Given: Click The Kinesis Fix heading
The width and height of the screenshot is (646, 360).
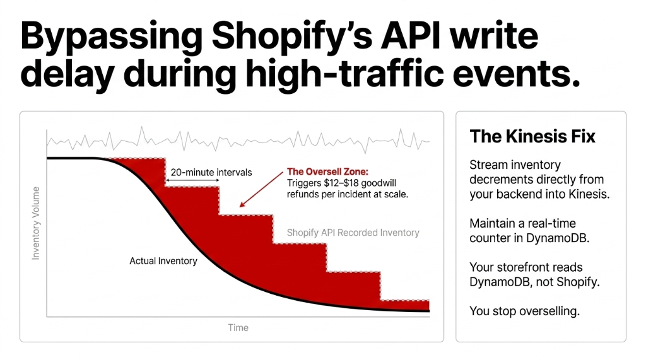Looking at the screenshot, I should click(532, 136).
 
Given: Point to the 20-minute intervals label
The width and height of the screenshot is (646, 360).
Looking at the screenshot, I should click(211, 172).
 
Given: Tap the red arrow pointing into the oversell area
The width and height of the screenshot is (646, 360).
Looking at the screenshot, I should click(259, 190).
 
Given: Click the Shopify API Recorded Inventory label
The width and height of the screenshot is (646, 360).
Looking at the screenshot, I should click(353, 233).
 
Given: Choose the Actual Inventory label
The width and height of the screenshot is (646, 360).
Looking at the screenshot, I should click(163, 260).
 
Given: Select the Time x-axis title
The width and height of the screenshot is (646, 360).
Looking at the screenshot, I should click(238, 328).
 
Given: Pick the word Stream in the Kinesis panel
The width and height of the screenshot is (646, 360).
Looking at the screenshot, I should click(489, 165).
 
